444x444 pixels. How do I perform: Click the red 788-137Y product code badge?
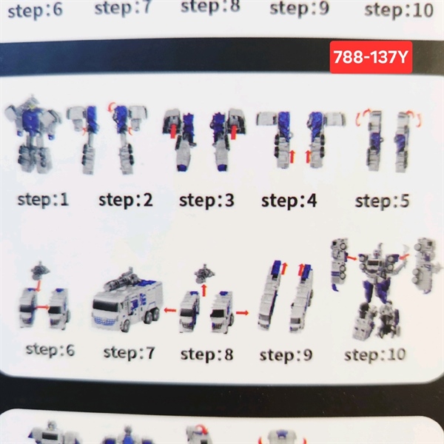[371, 57]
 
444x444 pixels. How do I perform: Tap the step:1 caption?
[44, 200]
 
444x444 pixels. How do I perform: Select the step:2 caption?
[126, 201]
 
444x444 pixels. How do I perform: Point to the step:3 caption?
[206, 201]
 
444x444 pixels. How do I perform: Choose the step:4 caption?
[289, 201]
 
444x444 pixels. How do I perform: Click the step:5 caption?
[382, 201]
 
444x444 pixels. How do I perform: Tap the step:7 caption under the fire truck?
[129, 353]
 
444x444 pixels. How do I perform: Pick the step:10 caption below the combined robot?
[375, 354]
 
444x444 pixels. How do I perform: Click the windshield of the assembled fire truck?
[105, 306]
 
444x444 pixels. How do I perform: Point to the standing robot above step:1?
[33, 134]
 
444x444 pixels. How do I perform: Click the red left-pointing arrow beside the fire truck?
[170, 310]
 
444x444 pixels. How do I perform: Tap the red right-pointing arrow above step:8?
[242, 312]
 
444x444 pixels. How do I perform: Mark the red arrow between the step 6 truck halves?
[43, 307]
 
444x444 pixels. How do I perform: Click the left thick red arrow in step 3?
[173, 132]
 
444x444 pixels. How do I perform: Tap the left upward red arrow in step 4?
[292, 157]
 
